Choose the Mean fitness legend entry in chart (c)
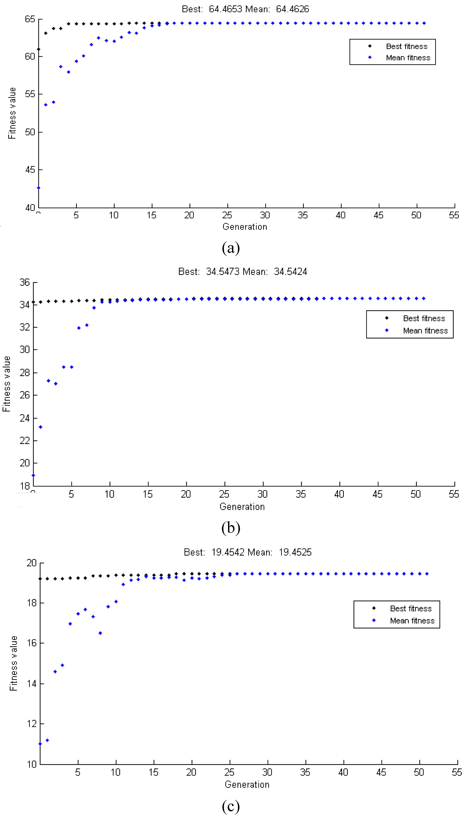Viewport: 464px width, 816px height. (412, 621)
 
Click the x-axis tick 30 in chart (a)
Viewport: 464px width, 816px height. (265, 215)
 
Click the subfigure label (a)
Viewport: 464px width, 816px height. (231, 248)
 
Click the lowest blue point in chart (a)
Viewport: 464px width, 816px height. (39, 188)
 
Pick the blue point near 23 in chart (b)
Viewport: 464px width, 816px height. (41, 427)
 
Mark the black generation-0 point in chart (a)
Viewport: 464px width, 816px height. (39, 49)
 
